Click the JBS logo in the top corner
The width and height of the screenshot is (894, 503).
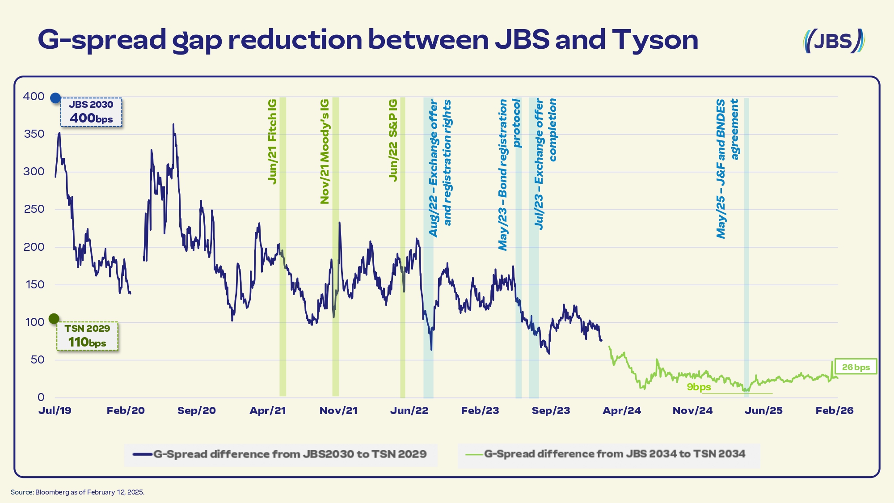tap(834, 41)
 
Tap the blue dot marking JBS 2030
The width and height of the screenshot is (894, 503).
tap(55, 98)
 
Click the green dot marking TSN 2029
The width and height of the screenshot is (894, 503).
tap(54, 319)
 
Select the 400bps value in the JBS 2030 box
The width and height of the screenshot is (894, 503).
tap(91, 118)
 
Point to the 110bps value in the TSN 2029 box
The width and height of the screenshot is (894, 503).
tap(87, 342)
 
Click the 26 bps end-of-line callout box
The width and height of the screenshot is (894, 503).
tap(856, 367)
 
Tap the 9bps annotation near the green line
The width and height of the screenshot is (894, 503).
tap(699, 387)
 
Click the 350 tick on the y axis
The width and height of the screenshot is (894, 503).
tap(34, 134)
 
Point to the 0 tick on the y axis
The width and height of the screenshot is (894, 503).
tap(41, 397)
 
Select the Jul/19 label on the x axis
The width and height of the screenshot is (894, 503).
tap(55, 410)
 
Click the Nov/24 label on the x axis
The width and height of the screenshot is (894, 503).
tap(692, 410)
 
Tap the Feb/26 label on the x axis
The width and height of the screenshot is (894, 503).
tap(834, 410)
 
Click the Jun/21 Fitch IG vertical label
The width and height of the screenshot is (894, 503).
tap(272, 141)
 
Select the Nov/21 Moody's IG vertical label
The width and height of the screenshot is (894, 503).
tap(325, 152)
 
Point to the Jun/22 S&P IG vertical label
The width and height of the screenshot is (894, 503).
tap(393, 140)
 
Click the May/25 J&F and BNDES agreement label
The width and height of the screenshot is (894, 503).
tap(727, 169)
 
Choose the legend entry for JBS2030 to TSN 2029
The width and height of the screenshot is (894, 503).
tap(280, 454)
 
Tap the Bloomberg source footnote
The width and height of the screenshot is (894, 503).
tap(77, 492)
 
